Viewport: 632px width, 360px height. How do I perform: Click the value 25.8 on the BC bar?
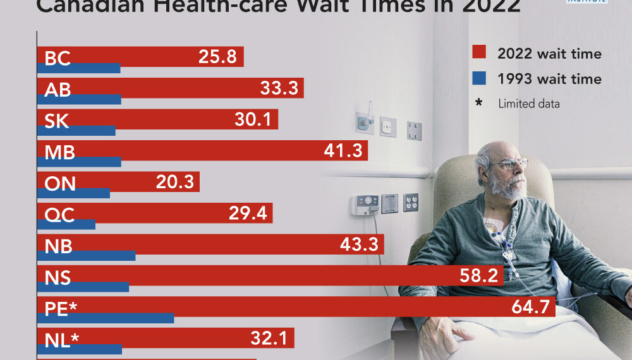click(217, 57)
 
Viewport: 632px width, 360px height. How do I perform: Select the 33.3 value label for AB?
click(279, 88)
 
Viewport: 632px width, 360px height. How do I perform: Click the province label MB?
click(59, 152)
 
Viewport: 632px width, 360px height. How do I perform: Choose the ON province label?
click(60, 183)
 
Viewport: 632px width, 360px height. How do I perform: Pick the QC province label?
click(59, 215)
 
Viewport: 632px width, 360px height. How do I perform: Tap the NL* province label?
click(62, 340)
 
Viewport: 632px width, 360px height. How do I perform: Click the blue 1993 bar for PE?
click(106, 318)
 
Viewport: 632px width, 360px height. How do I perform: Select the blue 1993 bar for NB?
click(87, 256)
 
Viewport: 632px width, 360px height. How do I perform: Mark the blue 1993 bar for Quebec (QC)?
click(66, 224)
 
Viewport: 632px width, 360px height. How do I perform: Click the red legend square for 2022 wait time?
click(478, 53)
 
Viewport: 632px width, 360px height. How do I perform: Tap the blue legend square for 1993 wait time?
click(478, 78)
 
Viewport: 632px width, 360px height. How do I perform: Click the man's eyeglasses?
click(511, 164)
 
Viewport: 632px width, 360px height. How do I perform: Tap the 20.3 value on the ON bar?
click(175, 183)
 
